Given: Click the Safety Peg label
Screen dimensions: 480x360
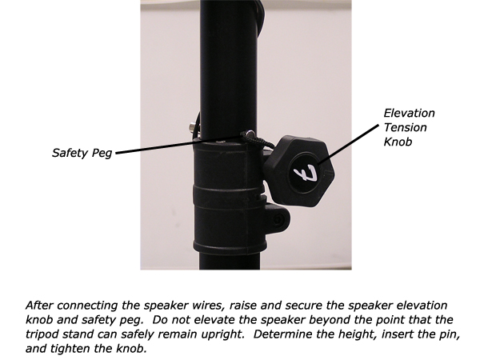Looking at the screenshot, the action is pos(82,153).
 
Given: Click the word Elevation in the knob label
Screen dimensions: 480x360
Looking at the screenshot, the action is pos(409,114).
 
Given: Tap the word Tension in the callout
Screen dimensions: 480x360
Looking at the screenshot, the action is pos(405,127).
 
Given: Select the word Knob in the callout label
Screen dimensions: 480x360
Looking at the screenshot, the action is pos(398,142).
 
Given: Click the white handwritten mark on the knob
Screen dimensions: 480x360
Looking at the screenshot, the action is pos(305,173).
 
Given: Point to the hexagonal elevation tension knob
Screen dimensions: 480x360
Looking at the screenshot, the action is pos(298,171).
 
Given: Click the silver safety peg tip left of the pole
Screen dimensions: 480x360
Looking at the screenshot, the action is pos(192,126).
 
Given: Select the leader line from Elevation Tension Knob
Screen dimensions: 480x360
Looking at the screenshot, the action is pos(349,145).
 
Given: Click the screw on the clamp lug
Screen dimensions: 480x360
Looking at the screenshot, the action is pos(278,219).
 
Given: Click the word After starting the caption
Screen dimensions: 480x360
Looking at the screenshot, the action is pos(40,306).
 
